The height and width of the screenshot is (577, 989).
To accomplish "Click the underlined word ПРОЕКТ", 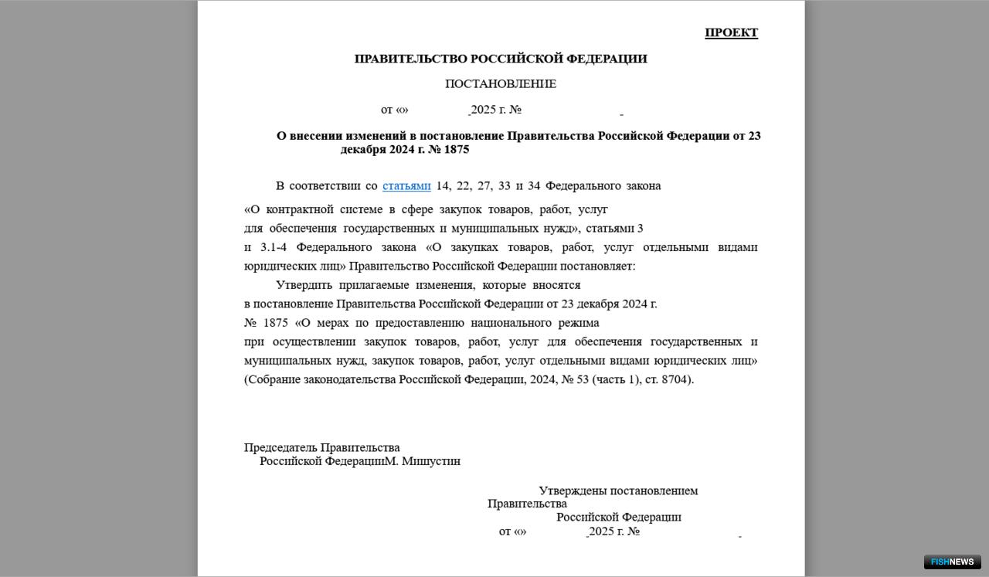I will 731,32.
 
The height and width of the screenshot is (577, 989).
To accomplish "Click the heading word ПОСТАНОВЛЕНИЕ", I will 501,83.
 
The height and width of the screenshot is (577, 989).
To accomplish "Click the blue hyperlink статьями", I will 406,185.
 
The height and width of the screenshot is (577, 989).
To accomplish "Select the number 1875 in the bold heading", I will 456,149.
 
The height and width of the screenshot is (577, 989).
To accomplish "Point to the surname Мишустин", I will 431,461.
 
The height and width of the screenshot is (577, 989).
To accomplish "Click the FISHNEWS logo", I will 952,562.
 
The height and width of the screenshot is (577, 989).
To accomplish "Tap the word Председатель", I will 280,447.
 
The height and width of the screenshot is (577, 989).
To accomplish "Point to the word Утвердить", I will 304,284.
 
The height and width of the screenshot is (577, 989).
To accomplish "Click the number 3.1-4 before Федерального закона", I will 274,247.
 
